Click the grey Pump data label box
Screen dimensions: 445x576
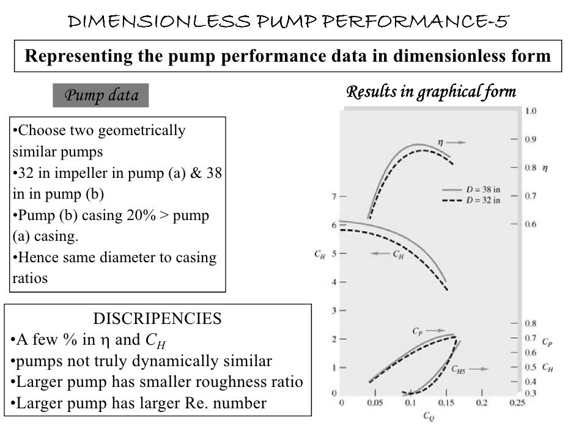pos(101,96)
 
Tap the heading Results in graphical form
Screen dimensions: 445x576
pos(431,92)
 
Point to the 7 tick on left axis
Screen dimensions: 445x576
pos(334,197)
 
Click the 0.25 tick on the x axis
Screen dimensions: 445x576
pos(517,403)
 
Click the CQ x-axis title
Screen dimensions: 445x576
pos(428,417)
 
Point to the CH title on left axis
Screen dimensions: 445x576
pos(319,254)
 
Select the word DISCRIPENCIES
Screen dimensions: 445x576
pos(157,318)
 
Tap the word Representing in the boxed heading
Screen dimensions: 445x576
pos(72,57)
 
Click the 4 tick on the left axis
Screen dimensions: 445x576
pos(334,282)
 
